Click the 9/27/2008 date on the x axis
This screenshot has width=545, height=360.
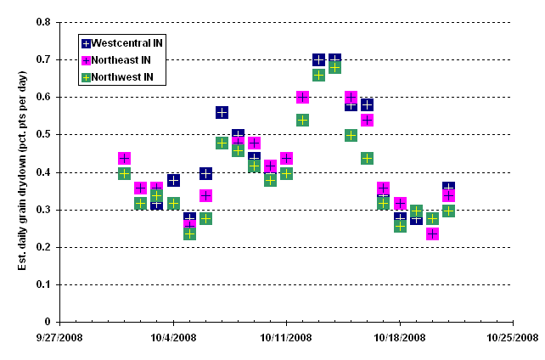tap(59, 337)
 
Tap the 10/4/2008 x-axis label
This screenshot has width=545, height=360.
tap(173, 337)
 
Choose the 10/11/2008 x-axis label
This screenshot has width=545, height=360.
tap(287, 337)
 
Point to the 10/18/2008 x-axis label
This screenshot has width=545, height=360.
tap(400, 337)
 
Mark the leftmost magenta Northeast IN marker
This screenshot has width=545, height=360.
tap(125, 158)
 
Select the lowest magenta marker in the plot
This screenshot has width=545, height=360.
tap(432, 233)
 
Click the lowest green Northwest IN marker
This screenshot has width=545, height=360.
tap(189, 233)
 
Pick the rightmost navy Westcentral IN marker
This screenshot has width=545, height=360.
tap(448, 188)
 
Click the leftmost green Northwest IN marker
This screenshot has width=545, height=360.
tap(125, 173)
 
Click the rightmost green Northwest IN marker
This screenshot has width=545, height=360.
tap(448, 211)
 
